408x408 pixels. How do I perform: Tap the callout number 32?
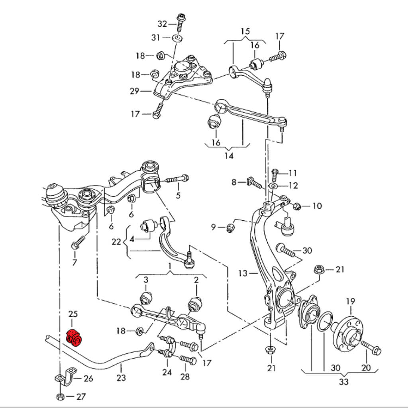[x=162, y=24]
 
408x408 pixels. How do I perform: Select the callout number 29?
[x=134, y=91]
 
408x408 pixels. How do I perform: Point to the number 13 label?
[x=243, y=273]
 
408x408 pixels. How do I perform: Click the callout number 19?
[x=350, y=301]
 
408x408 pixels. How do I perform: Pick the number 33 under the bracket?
[x=343, y=382]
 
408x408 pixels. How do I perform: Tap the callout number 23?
[x=121, y=378]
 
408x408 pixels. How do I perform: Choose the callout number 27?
[x=81, y=397]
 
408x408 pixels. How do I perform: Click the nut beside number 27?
[x=60, y=397]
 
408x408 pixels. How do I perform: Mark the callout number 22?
[x=116, y=242]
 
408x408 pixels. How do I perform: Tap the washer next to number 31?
[x=177, y=38]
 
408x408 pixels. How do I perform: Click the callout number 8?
[x=234, y=182]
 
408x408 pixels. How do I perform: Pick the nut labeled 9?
[x=230, y=228]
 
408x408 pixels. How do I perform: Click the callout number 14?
[x=229, y=155]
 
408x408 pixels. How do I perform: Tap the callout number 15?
[x=245, y=31]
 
